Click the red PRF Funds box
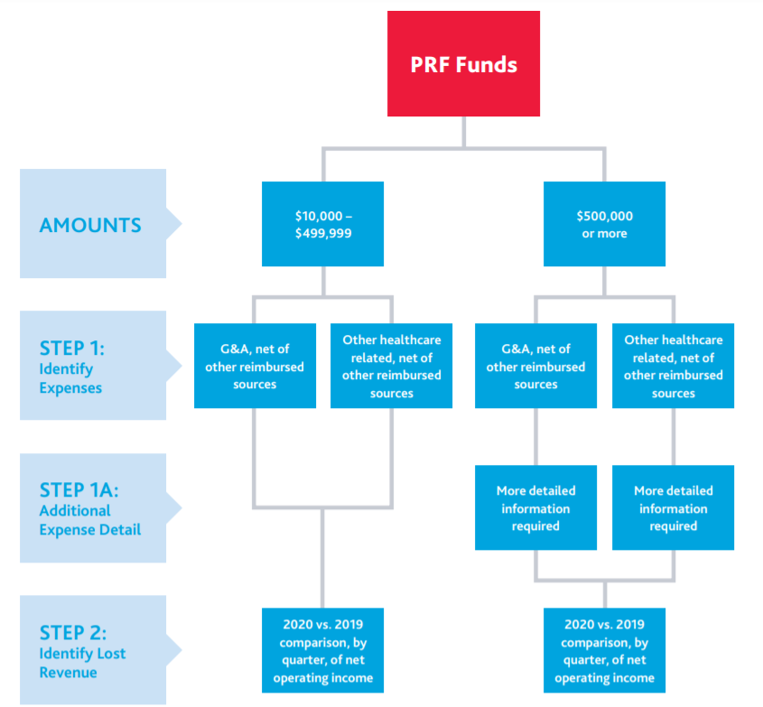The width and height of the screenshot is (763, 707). [x=463, y=64]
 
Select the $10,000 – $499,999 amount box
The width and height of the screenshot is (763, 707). [x=322, y=224]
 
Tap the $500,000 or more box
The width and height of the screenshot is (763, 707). [x=604, y=224]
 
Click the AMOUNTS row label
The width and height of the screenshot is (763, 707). [x=90, y=225]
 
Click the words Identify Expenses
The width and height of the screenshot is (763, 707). [x=70, y=378]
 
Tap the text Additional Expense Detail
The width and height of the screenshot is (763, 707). [x=89, y=520]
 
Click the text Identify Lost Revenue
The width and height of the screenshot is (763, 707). [x=82, y=663]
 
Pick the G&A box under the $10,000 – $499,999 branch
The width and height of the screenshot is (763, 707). [x=255, y=367]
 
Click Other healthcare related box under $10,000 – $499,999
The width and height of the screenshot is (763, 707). [x=392, y=367]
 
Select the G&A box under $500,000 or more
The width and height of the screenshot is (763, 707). [x=535, y=367]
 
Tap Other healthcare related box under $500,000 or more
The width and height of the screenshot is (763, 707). [x=673, y=367]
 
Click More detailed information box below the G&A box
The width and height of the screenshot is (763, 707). [x=535, y=508]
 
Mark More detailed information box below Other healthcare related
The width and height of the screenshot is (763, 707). [x=673, y=508]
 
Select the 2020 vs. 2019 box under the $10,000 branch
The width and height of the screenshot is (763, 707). [x=322, y=650]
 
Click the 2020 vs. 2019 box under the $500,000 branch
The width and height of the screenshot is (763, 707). [x=604, y=650]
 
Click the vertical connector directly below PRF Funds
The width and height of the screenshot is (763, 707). [x=464, y=132]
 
